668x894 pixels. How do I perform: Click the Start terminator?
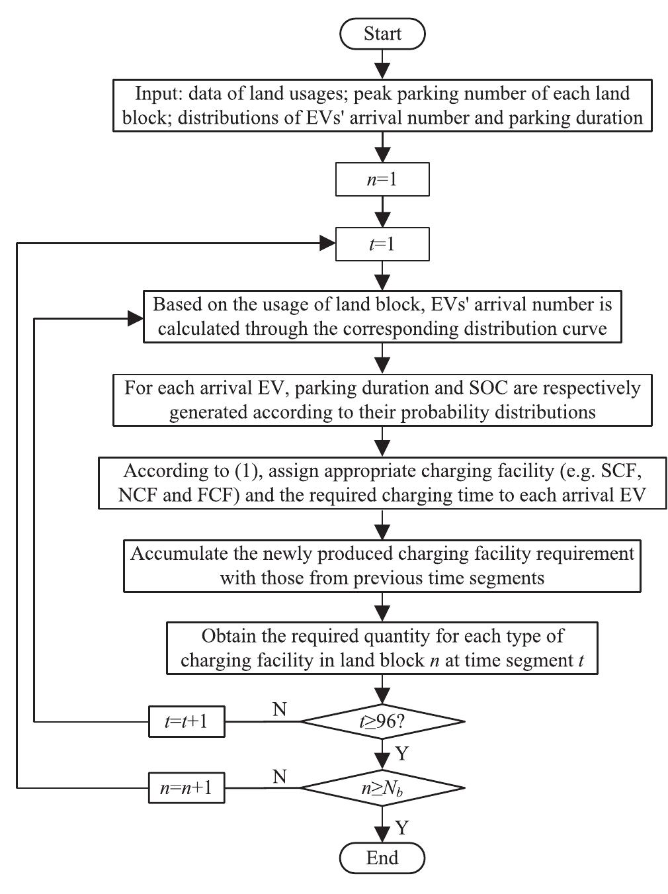point(382,34)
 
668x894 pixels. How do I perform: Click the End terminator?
point(382,858)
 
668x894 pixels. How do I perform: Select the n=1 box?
point(382,179)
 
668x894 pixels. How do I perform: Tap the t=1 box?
point(382,244)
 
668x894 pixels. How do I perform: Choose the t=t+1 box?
point(187,721)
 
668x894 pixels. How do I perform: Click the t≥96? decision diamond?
point(382,721)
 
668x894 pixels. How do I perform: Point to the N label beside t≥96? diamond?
point(280,709)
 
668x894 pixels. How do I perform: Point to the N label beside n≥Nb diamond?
point(280,776)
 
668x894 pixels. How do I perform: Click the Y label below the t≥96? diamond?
point(401,754)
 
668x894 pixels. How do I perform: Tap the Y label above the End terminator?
point(401,828)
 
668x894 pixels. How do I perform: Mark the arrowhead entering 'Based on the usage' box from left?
point(136,318)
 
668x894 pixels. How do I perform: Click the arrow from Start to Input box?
point(382,65)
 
